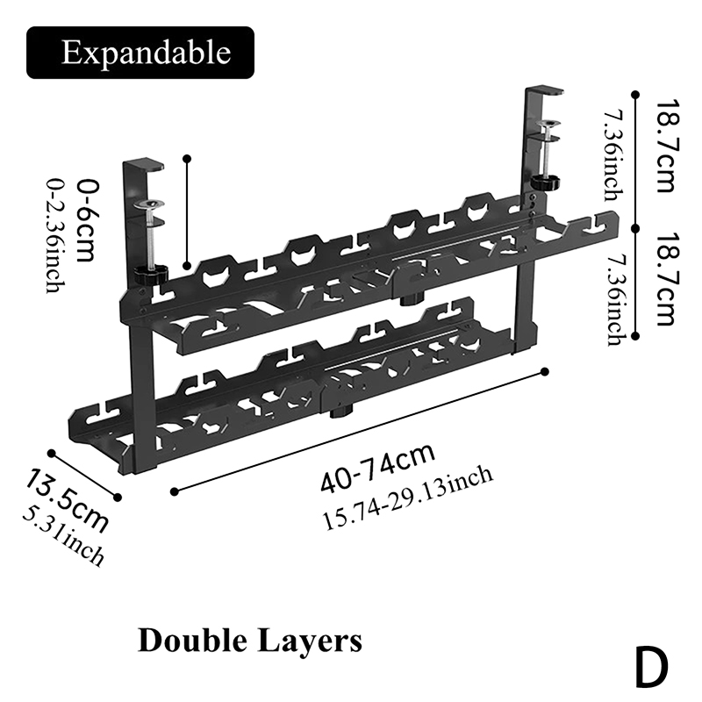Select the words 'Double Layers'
249,641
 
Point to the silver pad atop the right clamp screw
550,125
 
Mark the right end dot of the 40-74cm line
544,372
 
